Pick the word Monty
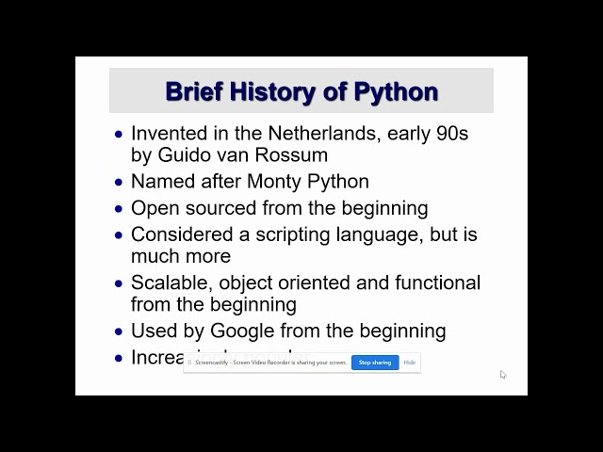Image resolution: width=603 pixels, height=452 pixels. pyautogui.click(x=276, y=181)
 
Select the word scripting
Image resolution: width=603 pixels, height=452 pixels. pyautogui.click(x=283, y=234)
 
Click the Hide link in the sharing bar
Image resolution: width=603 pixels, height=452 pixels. pyautogui.click(x=410, y=363)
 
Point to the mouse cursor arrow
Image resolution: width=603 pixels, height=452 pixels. pyautogui.click(x=503, y=374)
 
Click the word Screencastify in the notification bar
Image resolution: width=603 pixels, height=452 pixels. pyautogui.click(x=207, y=363)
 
